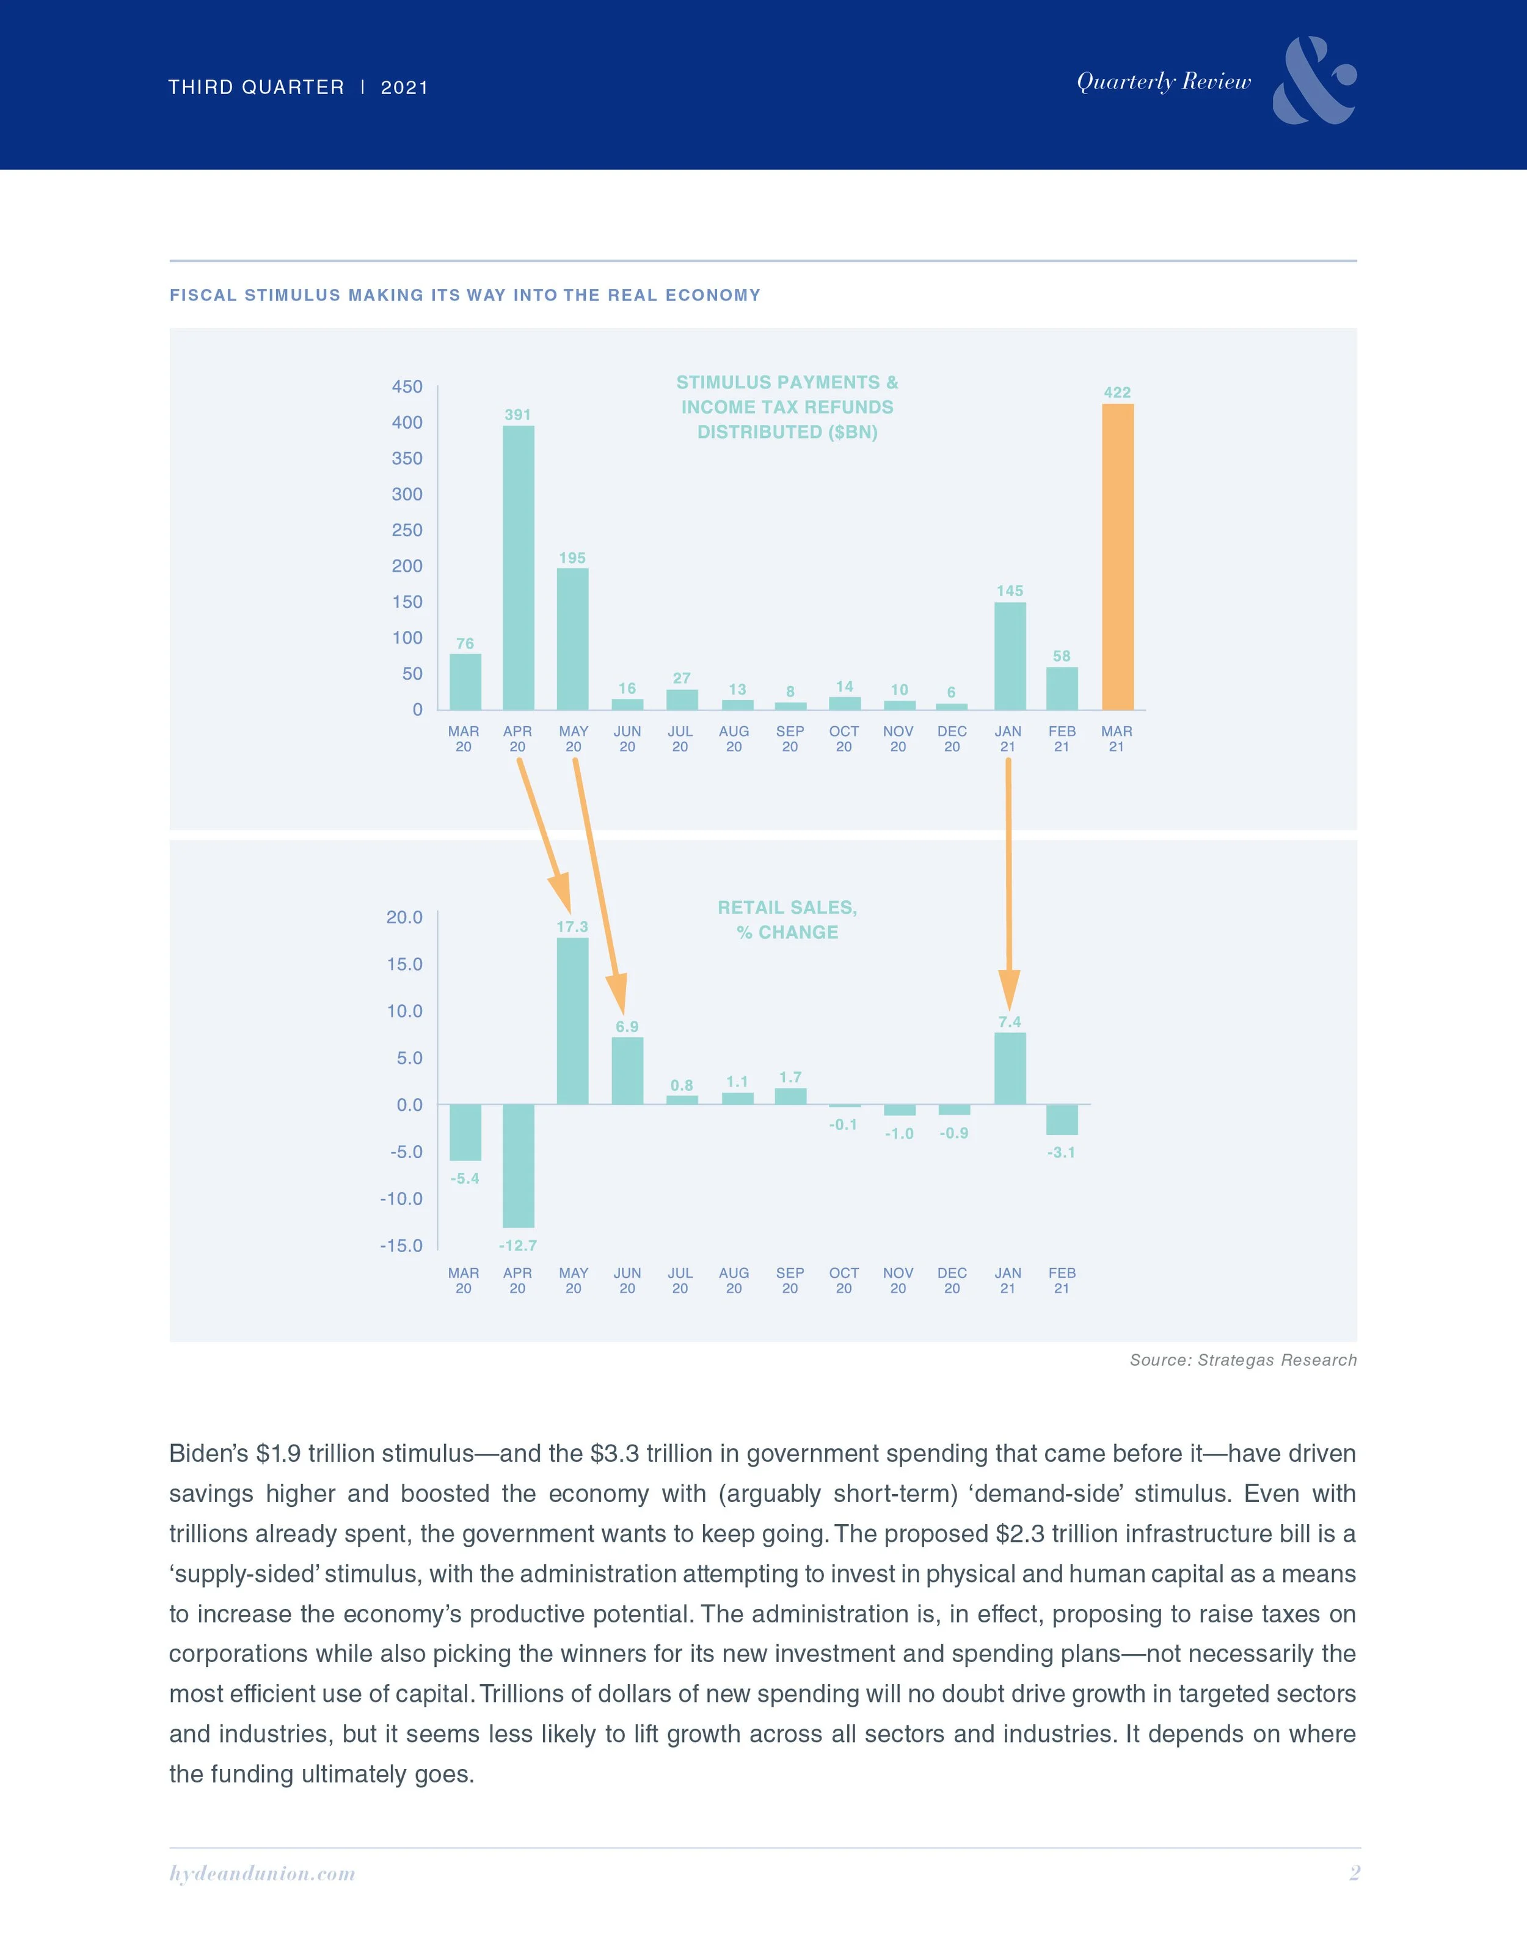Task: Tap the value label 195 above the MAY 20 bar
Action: coord(572,558)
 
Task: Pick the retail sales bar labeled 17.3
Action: coord(572,1020)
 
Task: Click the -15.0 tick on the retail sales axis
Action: coord(401,1245)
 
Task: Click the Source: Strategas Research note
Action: coord(1243,1360)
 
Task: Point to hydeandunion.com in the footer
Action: coord(262,1873)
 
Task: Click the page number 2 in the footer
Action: coord(1355,1873)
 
